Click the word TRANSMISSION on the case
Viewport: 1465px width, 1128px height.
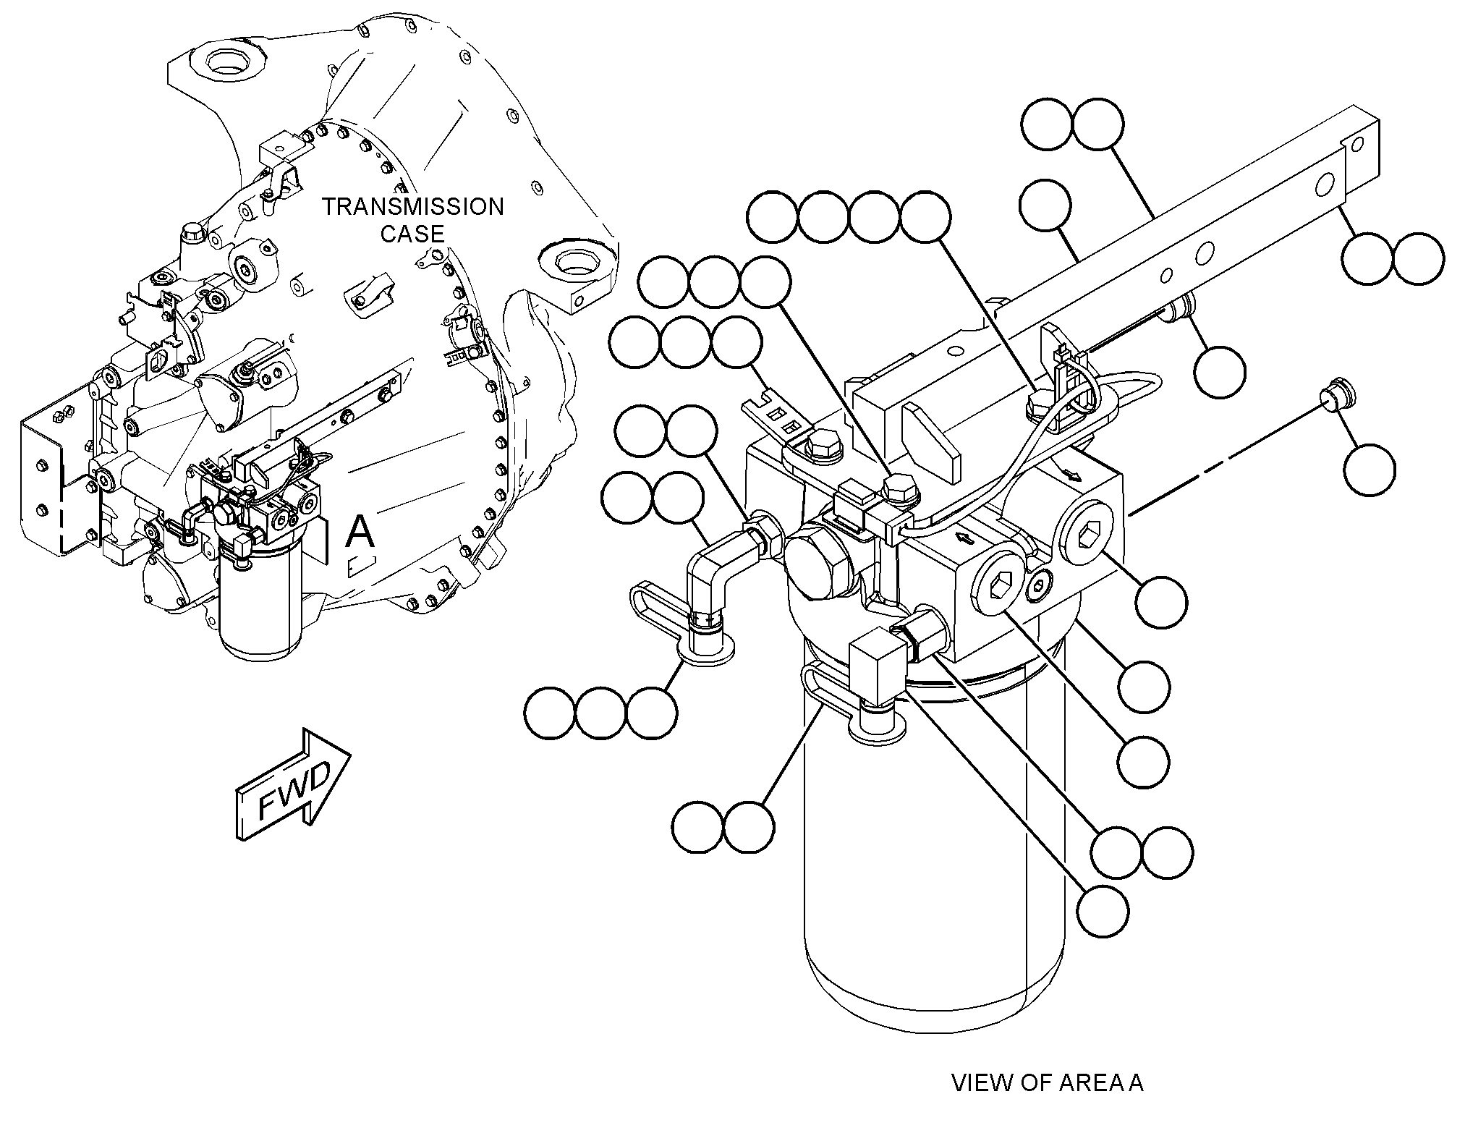tap(413, 207)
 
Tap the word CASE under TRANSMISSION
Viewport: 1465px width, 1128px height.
tap(413, 234)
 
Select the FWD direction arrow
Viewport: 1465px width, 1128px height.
tap(294, 785)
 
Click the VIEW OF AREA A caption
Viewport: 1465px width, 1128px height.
tap(1048, 1083)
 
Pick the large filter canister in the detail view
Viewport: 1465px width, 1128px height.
tap(934, 832)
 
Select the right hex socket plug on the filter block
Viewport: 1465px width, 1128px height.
tap(1083, 538)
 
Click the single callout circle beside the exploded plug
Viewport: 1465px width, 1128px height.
tap(1370, 470)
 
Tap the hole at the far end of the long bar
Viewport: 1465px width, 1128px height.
tap(1357, 144)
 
